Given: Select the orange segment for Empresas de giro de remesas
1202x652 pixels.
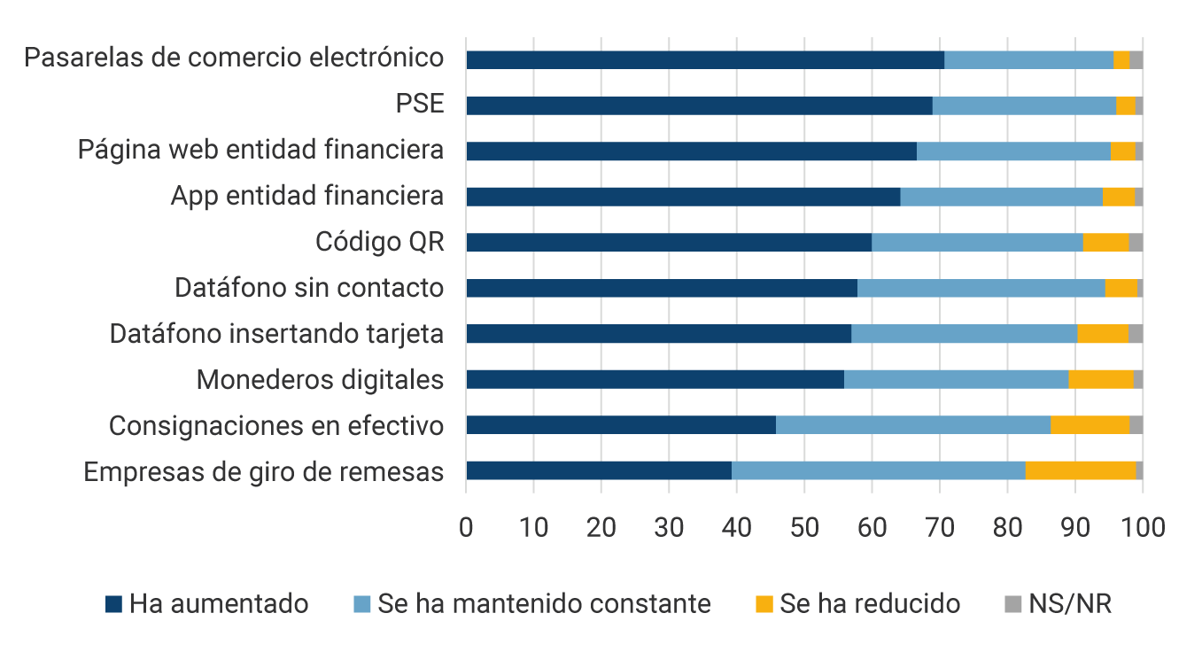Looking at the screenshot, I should [1081, 470].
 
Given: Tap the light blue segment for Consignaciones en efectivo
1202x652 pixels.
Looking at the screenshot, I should [913, 424].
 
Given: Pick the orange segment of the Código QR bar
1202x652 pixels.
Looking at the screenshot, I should [1105, 243].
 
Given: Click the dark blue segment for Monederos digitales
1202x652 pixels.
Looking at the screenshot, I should [655, 379].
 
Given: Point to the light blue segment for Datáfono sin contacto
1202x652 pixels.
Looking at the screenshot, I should [981, 288].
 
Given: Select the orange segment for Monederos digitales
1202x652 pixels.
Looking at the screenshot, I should [1100, 379].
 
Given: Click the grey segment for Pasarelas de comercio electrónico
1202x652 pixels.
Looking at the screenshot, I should [1136, 60].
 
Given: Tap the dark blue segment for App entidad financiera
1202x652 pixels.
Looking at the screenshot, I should [683, 197].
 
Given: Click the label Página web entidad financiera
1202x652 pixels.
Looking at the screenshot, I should [260, 150].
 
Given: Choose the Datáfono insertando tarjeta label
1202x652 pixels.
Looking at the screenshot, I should [276, 334].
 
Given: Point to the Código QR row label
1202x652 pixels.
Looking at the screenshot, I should [379, 242].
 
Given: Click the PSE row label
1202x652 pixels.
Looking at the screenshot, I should [419, 104].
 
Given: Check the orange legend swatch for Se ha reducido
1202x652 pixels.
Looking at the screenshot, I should [764, 604].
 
